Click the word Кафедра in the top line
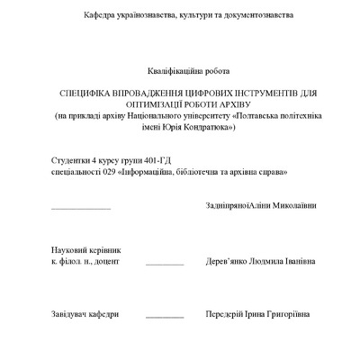pos(101,16)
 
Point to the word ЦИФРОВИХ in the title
pos(209,94)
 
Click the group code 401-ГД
pos(158,159)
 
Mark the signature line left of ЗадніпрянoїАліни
pos(81,208)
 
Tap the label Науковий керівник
pos(85,249)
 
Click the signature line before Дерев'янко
pos(165,264)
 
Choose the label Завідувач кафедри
pos(85,314)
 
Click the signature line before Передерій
pos(165,317)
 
